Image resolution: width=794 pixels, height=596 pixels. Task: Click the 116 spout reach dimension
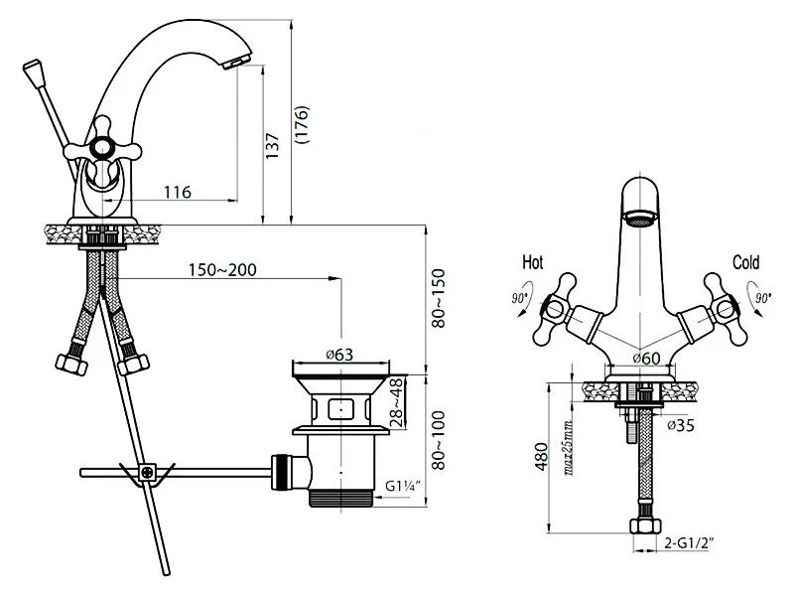tap(178, 192)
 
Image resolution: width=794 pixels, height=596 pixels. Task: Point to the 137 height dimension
tap(272, 146)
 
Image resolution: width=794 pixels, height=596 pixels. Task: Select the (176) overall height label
tap(302, 125)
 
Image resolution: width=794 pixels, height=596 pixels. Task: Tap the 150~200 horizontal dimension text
tap(222, 269)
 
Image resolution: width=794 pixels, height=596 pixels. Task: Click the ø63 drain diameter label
tap(339, 355)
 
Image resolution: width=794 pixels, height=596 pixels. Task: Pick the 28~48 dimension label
tap(398, 403)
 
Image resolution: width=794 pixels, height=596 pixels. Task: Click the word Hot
tap(533, 262)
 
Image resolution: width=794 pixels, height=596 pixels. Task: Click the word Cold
tap(746, 262)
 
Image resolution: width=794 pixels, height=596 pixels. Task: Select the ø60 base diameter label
tap(647, 359)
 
